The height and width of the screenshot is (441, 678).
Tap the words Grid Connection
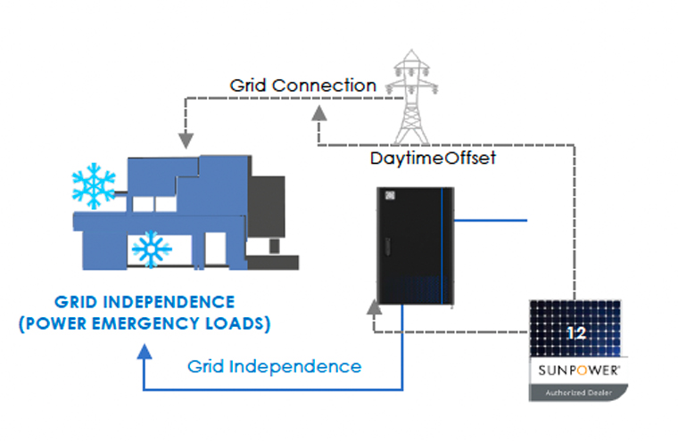(302, 86)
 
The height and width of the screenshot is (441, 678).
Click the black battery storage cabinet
(414, 246)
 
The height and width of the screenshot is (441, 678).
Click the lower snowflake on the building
(151, 249)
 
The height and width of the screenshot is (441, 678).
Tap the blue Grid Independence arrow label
(275, 366)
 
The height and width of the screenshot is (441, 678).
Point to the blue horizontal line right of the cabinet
(492, 219)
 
